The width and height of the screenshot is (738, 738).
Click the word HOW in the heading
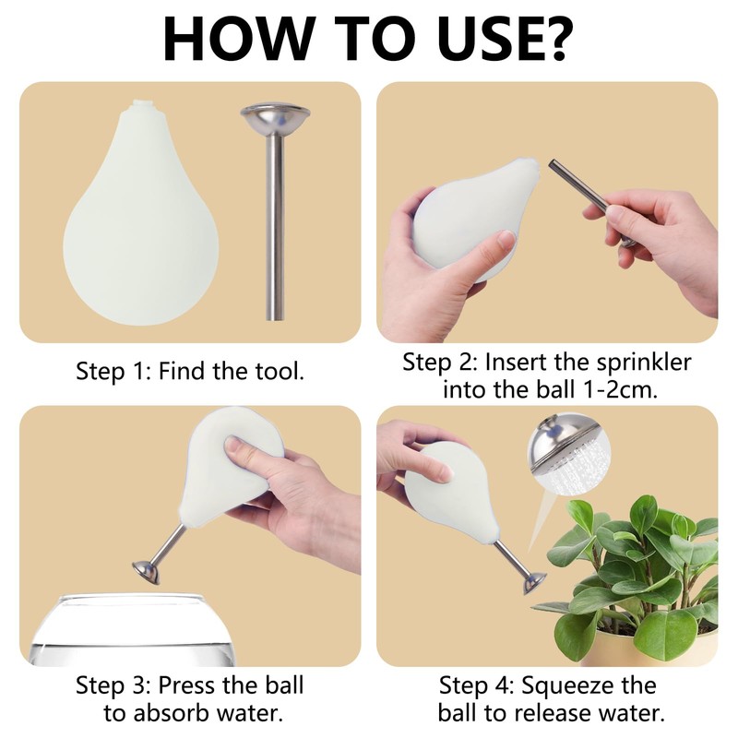pyautogui.click(x=239, y=39)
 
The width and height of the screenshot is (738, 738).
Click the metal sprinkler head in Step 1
pyautogui.click(x=275, y=118)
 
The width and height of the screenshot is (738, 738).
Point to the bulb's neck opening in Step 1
pyautogui.click(x=141, y=101)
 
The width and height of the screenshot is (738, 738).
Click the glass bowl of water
pyautogui.click(x=132, y=631)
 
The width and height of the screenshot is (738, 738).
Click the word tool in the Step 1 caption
pyautogui.click(x=280, y=371)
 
